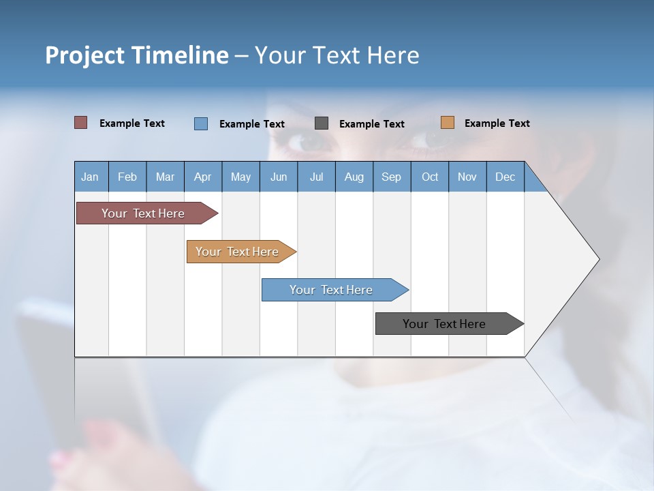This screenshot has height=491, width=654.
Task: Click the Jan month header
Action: click(90, 177)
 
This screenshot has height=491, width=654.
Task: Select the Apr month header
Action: click(202, 177)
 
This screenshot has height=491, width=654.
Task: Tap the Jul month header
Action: click(316, 177)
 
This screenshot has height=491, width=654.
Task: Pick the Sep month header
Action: click(391, 177)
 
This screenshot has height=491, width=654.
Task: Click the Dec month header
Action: click(505, 177)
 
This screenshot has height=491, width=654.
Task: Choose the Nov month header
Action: click(467, 177)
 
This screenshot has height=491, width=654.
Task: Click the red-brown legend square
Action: click(80, 123)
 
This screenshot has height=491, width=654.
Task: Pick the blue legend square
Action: click(200, 123)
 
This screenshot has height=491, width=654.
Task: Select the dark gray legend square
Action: click(322, 123)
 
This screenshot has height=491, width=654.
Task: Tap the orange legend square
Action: click(447, 123)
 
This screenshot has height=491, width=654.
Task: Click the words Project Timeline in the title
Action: click(136, 55)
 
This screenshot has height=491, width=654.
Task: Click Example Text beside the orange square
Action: click(497, 123)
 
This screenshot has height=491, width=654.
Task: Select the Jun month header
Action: click(278, 177)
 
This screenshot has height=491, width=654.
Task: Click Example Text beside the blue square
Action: click(251, 124)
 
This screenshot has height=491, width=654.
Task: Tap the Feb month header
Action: click(127, 177)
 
